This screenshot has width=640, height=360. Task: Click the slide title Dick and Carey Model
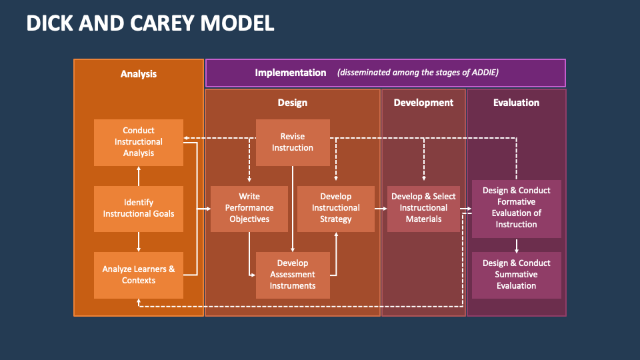(150, 23)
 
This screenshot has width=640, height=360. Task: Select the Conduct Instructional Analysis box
(139, 142)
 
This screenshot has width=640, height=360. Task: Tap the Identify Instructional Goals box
(139, 208)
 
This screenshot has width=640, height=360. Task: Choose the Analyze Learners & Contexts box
(139, 275)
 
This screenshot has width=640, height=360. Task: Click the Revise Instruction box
(293, 142)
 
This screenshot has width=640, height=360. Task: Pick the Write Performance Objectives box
(249, 208)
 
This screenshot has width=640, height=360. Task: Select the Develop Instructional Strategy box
(336, 208)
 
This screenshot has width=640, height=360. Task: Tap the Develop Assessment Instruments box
(293, 275)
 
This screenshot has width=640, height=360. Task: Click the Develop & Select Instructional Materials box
(423, 208)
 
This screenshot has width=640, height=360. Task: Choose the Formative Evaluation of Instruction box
(517, 208)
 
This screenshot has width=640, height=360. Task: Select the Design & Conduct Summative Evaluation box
(517, 275)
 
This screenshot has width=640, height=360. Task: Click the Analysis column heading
(139, 74)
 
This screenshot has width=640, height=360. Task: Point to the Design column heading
(293, 103)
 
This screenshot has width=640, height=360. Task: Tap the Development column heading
(423, 103)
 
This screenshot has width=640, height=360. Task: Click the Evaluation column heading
(517, 103)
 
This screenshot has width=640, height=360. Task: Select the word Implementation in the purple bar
(291, 73)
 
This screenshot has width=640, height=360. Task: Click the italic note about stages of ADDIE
(418, 73)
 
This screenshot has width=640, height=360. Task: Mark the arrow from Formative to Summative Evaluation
(517, 245)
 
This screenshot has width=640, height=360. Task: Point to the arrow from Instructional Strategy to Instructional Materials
(381, 209)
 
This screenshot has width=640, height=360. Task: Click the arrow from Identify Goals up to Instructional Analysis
(139, 175)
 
